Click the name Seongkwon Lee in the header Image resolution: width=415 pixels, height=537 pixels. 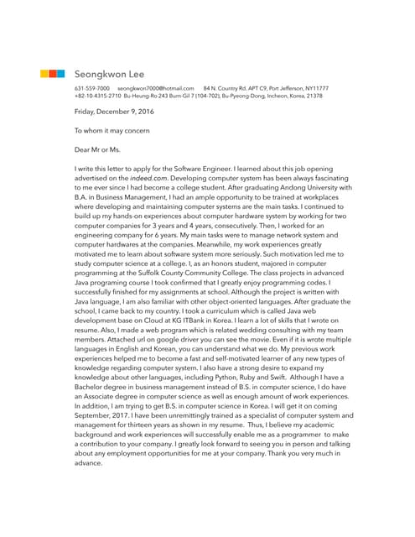[x=109, y=74]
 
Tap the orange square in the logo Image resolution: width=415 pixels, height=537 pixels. [x=52, y=74]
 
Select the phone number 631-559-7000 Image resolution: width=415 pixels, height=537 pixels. [x=91, y=88]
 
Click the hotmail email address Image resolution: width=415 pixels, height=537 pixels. [x=156, y=88]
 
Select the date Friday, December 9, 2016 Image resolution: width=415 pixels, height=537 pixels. [x=114, y=112]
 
